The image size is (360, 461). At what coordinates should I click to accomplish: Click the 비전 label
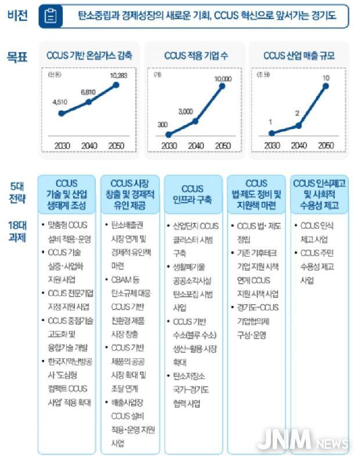pyautogui.click(x=17, y=16)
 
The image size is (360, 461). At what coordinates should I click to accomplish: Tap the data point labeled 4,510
pyautogui.click(x=61, y=113)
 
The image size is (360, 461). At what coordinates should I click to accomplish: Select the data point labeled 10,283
pyautogui.click(x=116, y=85)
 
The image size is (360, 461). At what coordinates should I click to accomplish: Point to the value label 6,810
pyautogui.click(x=88, y=92)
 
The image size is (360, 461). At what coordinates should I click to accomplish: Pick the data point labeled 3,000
pyautogui.click(x=196, y=121)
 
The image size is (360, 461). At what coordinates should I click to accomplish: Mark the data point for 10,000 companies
pyautogui.click(x=222, y=87)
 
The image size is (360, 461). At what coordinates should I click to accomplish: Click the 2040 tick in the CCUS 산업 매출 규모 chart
pyautogui.click(x=298, y=145)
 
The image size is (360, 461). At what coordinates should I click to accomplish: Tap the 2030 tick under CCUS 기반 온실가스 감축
pyautogui.click(x=61, y=145)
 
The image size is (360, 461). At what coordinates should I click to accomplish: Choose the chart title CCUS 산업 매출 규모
pyautogui.click(x=298, y=56)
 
